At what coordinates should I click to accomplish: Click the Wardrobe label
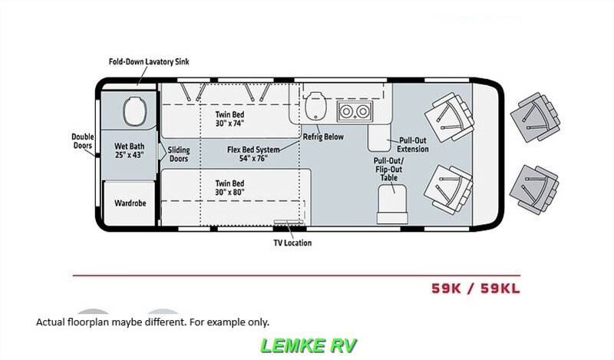pyautogui.click(x=130, y=203)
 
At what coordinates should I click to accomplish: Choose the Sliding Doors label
pyautogui.click(x=178, y=154)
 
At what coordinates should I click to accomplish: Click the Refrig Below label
pyautogui.click(x=323, y=137)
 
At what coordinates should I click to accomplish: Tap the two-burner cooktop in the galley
pyautogui.click(x=354, y=111)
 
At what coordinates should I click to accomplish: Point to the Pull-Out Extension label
pyautogui.click(x=413, y=145)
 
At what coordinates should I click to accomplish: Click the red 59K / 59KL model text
pyautogui.click(x=480, y=289)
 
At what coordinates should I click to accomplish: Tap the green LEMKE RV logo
pyautogui.click(x=309, y=345)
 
